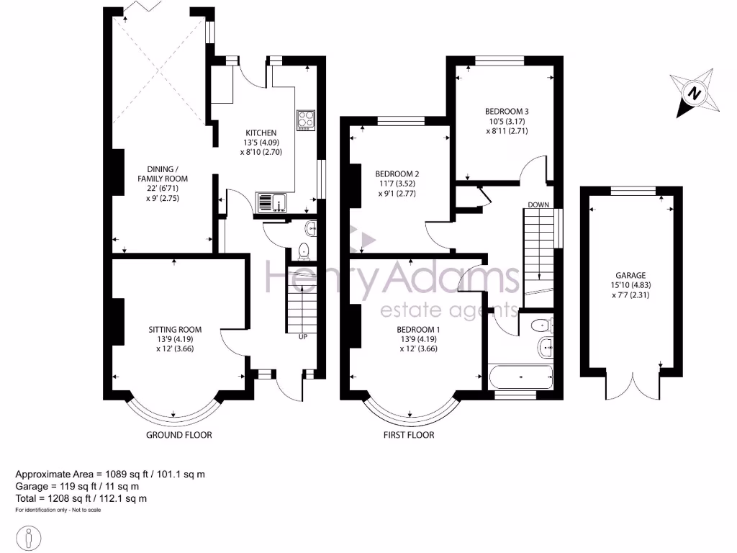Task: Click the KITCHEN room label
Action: (261, 133)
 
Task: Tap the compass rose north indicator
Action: (694, 93)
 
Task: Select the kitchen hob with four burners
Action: (307, 120)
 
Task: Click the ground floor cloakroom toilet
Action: (304, 251)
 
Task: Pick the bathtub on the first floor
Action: (520, 376)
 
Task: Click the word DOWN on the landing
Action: (538, 205)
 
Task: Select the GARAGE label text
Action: (630, 275)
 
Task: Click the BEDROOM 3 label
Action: (507, 111)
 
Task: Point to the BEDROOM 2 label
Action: (397, 174)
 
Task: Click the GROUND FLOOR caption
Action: (178, 435)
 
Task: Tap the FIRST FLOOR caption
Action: (410, 435)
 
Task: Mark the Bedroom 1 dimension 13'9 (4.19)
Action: (417, 339)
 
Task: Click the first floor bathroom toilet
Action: (541, 325)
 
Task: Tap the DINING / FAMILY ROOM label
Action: (163, 173)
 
